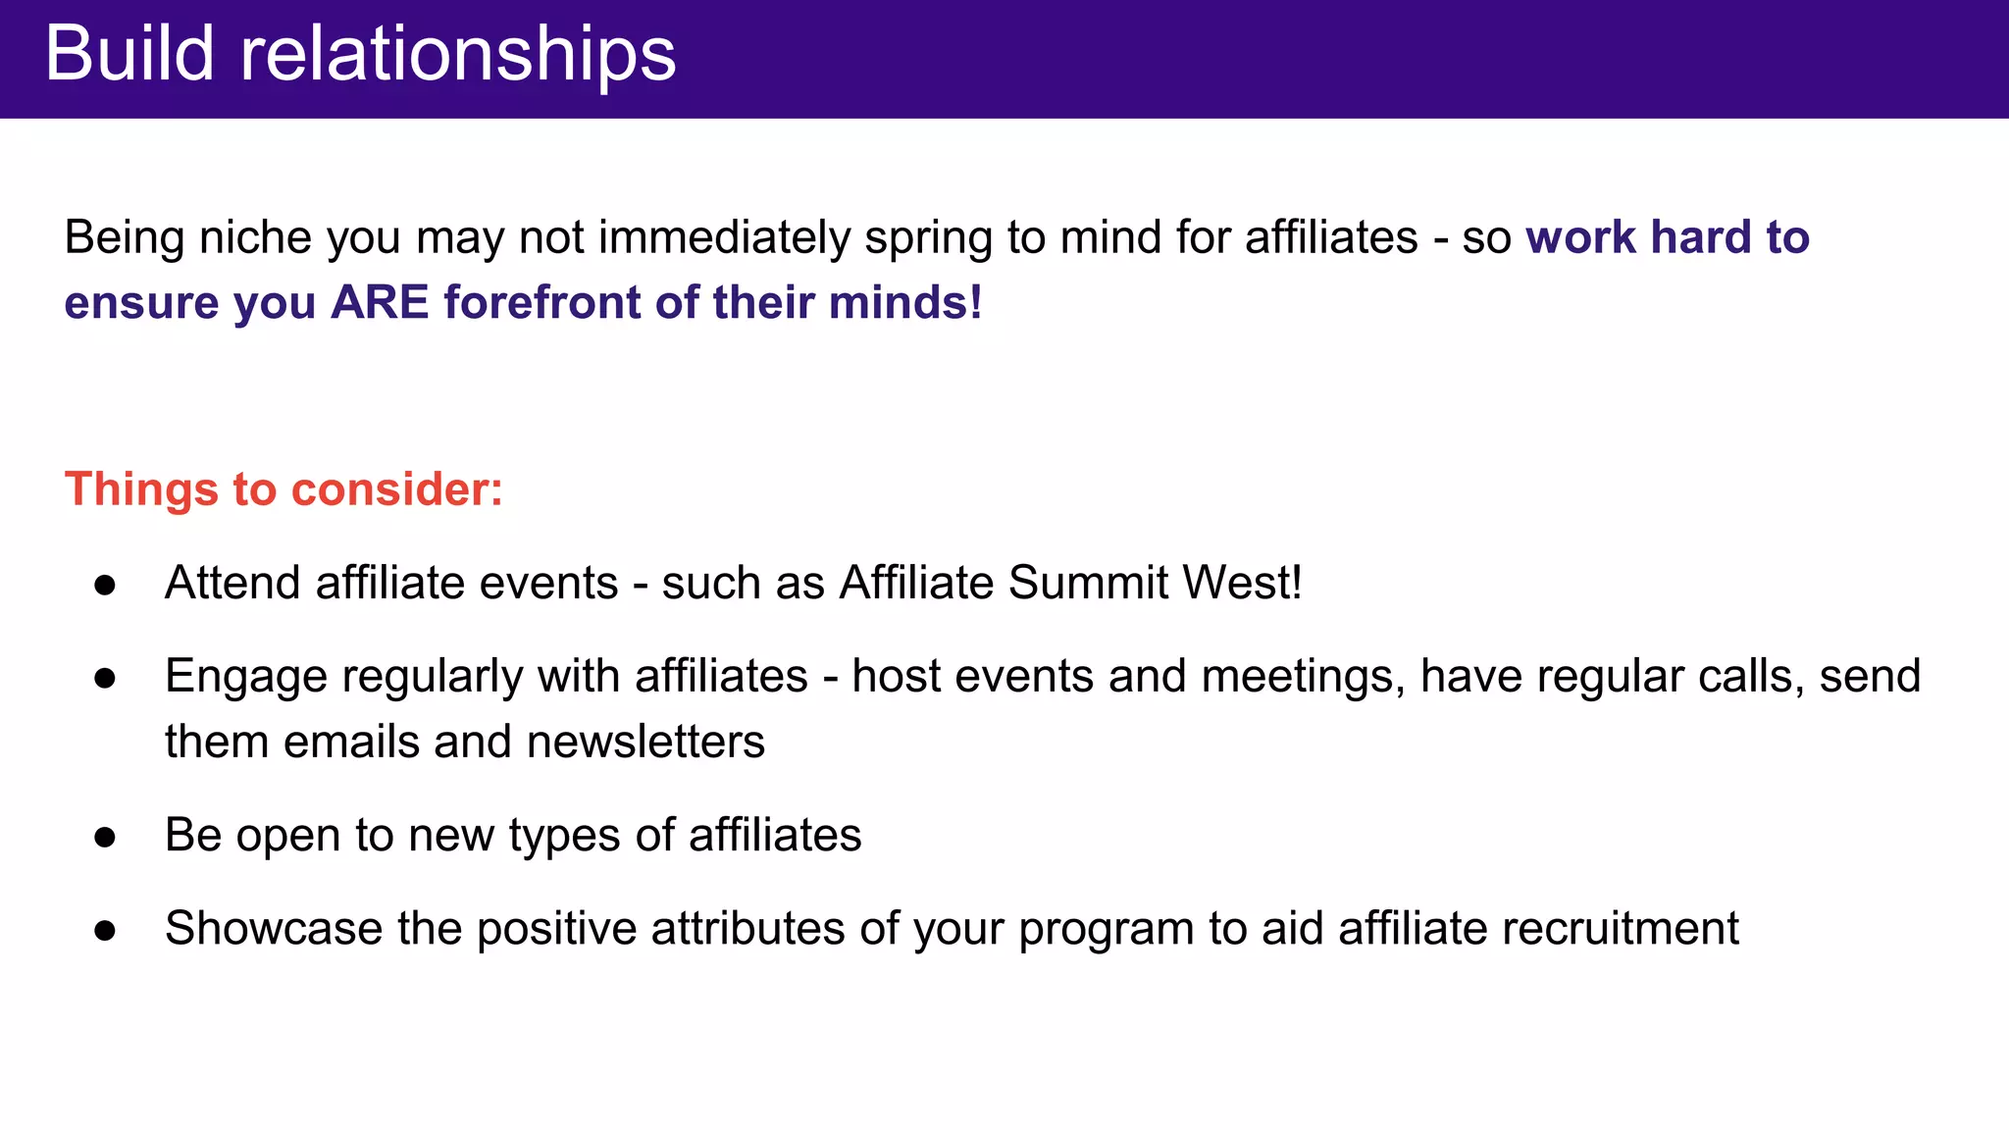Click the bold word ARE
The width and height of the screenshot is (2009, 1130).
coord(380,302)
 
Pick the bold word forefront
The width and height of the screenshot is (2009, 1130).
coord(542,302)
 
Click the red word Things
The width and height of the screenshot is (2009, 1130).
coord(141,489)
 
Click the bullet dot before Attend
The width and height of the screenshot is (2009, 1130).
coord(105,586)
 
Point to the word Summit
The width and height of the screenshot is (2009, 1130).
coord(1088,583)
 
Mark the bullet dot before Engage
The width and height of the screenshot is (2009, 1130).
coord(105,679)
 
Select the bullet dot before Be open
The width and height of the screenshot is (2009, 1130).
coord(105,838)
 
